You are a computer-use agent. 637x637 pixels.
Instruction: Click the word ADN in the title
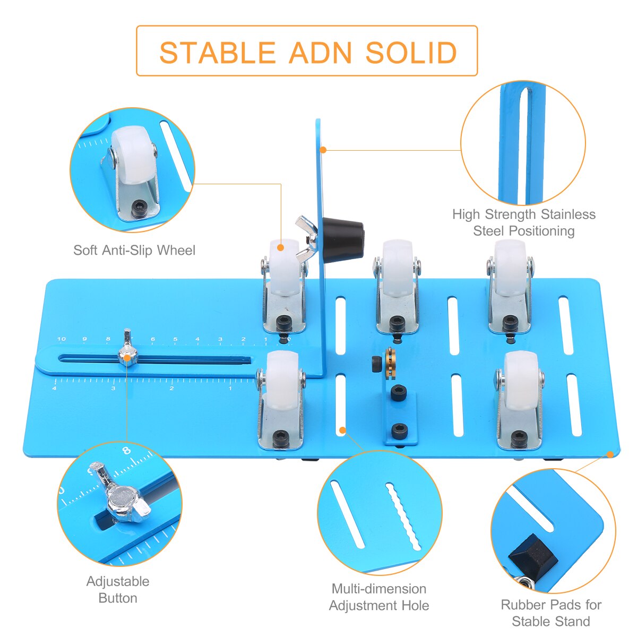(x=320, y=53)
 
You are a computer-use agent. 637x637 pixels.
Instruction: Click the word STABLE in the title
(x=216, y=53)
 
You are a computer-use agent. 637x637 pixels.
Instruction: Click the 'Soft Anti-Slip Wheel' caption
(x=134, y=250)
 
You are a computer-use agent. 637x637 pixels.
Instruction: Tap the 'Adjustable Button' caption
(x=118, y=589)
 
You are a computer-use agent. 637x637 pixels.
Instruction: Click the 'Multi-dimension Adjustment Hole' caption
(x=379, y=597)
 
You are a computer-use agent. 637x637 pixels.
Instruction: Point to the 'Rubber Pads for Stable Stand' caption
(x=551, y=613)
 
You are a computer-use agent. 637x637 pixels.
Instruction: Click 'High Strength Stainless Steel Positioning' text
(x=523, y=222)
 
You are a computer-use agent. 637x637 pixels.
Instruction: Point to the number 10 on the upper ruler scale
(x=62, y=339)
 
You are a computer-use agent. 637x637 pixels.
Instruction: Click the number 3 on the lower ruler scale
(x=113, y=389)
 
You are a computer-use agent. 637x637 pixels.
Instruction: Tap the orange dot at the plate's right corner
(x=610, y=454)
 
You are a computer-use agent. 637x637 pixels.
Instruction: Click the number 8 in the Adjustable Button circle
(x=126, y=451)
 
